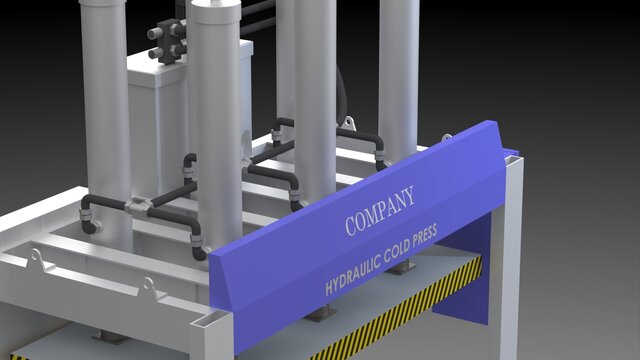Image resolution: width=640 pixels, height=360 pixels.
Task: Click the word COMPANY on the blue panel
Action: tap(380, 211)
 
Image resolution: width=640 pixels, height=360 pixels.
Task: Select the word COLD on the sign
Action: tap(396, 249)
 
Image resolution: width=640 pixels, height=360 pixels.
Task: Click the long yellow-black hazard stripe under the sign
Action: tap(395, 309)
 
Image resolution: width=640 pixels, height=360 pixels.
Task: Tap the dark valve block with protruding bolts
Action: tap(168, 41)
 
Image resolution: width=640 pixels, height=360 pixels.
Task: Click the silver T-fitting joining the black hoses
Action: tap(138, 206)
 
